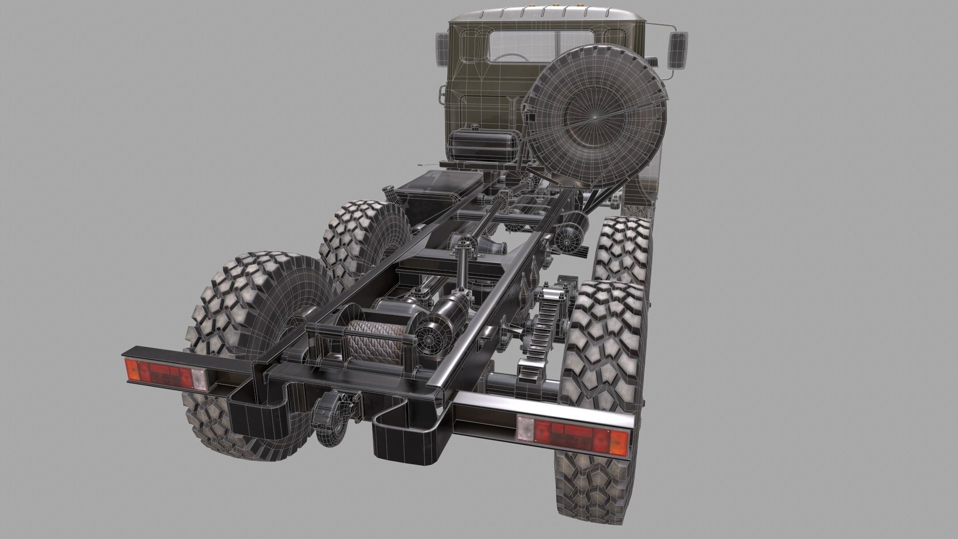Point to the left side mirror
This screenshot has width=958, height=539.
442,47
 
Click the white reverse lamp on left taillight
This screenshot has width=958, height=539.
200,380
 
